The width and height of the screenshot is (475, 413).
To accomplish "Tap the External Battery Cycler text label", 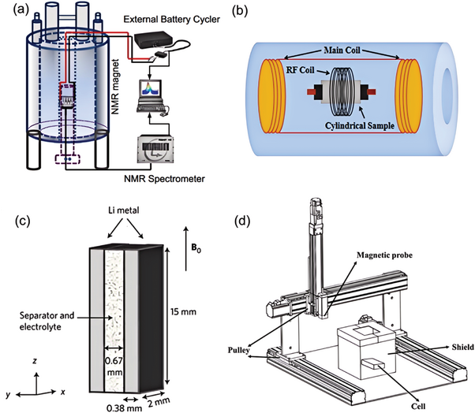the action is [x=171, y=20].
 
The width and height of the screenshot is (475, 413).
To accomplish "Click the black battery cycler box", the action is [x=153, y=39].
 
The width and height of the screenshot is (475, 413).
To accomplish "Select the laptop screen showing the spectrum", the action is [x=150, y=90].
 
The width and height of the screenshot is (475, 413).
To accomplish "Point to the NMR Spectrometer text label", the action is [x=164, y=179].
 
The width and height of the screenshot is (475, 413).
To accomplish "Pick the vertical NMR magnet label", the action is [x=115, y=87].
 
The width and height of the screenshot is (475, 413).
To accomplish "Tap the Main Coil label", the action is [x=342, y=50].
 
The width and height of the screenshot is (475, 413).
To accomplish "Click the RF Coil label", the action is [x=299, y=70].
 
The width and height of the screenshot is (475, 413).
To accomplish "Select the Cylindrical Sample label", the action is [x=360, y=125].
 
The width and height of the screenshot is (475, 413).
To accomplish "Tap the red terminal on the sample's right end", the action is [x=372, y=91].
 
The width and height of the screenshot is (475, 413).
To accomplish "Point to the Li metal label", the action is [x=124, y=210].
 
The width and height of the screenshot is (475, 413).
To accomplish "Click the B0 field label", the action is [x=196, y=249].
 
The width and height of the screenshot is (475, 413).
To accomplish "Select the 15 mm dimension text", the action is [x=183, y=311].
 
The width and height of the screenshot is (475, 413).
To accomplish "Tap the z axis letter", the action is [x=36, y=361].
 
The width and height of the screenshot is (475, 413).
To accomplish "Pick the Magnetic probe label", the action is [x=384, y=255].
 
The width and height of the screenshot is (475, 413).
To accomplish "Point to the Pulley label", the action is [x=239, y=351].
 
